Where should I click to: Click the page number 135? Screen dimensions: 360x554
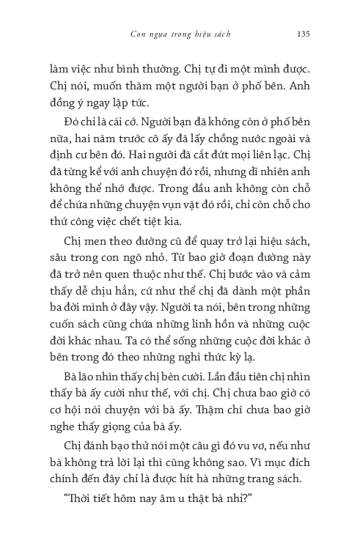pyautogui.click(x=306, y=33)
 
